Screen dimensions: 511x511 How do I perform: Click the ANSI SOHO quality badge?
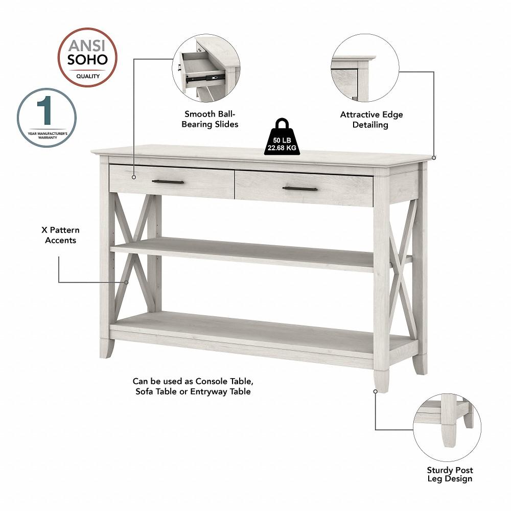pyautogui.click(x=87, y=57)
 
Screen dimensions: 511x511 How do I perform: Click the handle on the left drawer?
pyautogui.click(x=168, y=182)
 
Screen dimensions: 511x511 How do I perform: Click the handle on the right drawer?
pyautogui.click(x=300, y=189)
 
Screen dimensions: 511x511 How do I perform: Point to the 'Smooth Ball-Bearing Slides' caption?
pyautogui.click(x=212, y=119)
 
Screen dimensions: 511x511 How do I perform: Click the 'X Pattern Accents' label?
pyautogui.click(x=60, y=235)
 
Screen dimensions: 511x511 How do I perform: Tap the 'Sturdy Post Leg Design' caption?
pyautogui.click(x=450, y=474)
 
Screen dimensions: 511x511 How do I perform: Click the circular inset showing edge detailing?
pyautogui.click(x=365, y=68)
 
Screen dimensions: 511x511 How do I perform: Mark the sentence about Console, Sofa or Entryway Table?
pyautogui.click(x=193, y=386)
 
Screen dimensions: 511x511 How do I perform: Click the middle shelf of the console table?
pyautogui.click(x=245, y=253)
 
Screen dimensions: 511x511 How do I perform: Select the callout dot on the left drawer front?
pyautogui.click(x=134, y=177)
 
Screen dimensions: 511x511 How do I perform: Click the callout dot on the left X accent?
pyautogui.click(x=126, y=282)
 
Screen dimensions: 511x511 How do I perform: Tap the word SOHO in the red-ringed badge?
pyautogui.click(x=88, y=59)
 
